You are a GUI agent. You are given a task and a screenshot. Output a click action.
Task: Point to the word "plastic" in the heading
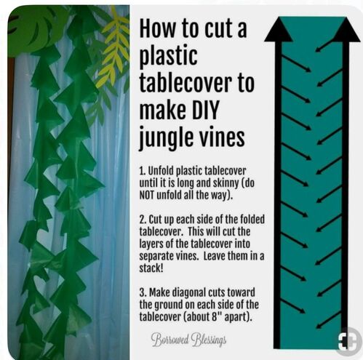(x=169, y=57)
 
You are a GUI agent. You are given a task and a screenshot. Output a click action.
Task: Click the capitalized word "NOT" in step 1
(x=146, y=196)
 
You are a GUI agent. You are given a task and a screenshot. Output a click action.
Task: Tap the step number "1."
(x=143, y=171)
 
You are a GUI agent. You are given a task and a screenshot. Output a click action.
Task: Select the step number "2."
(x=143, y=220)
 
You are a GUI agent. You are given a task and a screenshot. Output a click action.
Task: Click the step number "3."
(x=143, y=292)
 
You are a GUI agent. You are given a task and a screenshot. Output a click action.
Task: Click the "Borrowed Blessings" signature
(x=188, y=340)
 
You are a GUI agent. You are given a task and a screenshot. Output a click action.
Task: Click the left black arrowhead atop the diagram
(x=278, y=30)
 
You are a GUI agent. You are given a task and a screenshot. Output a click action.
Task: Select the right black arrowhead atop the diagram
(x=346, y=30)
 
